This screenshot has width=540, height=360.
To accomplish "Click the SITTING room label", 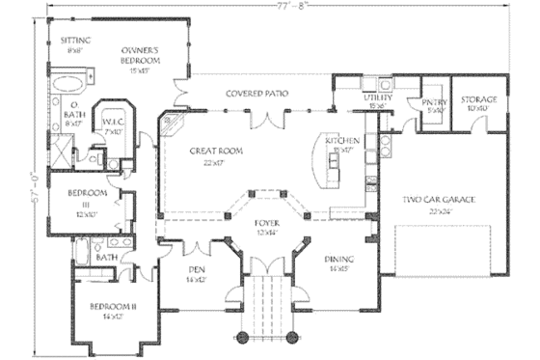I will pos(75,42).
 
